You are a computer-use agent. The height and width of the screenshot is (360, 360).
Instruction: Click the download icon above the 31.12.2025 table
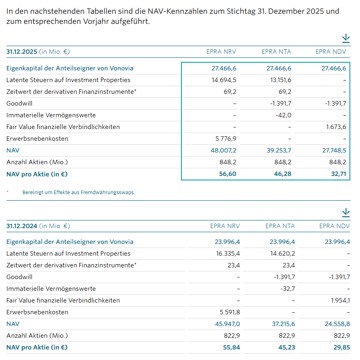pyautogui.click(x=345, y=38)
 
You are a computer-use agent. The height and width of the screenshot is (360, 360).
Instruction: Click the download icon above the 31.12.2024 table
pyautogui.click(x=345, y=212)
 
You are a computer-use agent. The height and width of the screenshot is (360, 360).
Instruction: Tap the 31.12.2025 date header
pyautogui.click(x=22, y=52)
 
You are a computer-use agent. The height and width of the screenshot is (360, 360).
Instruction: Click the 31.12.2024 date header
pyautogui.click(x=22, y=226)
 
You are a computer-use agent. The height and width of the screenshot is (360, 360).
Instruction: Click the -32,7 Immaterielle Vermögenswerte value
pyautogui.click(x=288, y=289)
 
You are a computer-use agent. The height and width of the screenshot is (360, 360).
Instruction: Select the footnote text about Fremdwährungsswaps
pyautogui.click(x=79, y=193)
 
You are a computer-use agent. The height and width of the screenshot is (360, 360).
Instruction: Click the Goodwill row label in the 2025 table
pyautogui.click(x=19, y=104)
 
